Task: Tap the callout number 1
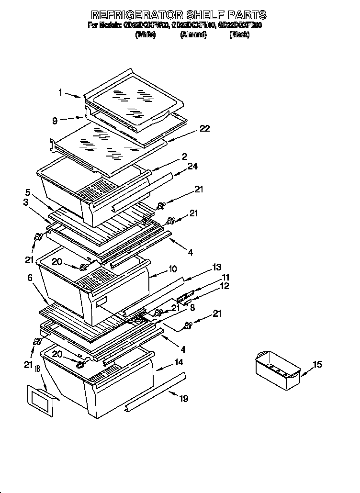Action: point(61,93)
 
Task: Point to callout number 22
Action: point(204,129)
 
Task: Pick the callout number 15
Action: point(317,365)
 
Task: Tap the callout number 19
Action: point(183,398)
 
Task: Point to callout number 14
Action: point(178,362)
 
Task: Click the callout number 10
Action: point(173,269)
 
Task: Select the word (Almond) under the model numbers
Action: point(193,34)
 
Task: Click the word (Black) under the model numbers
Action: point(239,34)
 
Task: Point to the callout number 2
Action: point(184,156)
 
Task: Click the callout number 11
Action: point(225,277)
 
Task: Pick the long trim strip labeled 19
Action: point(153,392)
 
